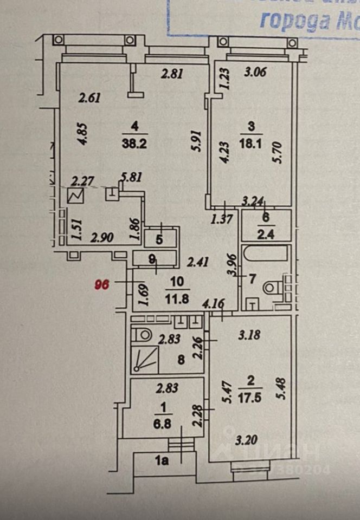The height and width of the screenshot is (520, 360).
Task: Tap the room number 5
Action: click(159, 238)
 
